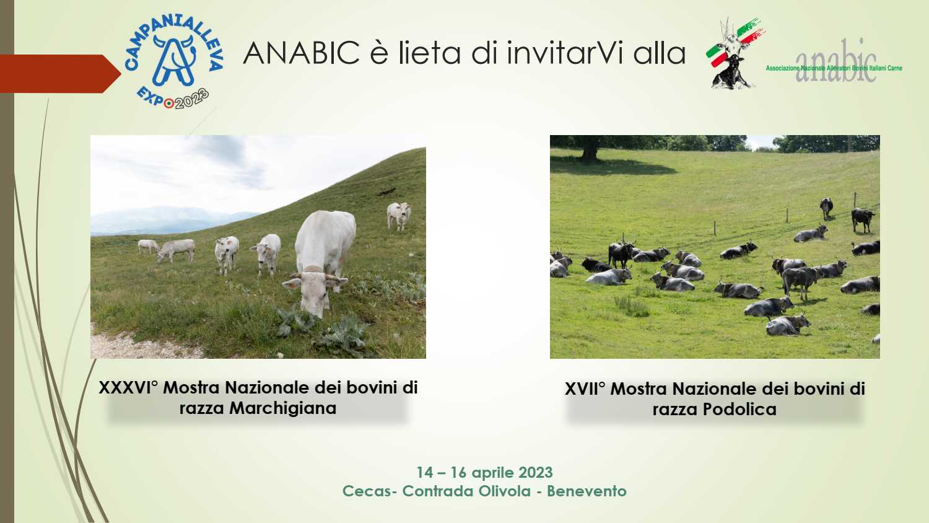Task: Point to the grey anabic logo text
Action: [x=835, y=61]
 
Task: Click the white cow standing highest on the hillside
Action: [x=399, y=216]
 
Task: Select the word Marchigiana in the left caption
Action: [x=282, y=408]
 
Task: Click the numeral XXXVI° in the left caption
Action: [x=129, y=388]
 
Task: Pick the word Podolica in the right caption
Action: [x=739, y=410]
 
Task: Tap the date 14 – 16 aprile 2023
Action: [x=484, y=472]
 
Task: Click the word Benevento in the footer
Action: [x=587, y=491]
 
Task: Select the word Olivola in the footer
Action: [x=504, y=491]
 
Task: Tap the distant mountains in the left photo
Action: [x=166, y=221]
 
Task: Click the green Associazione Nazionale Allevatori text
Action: [x=834, y=68]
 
